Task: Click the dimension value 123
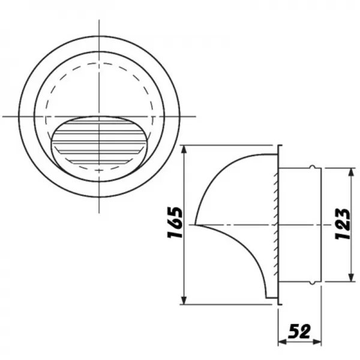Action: (x=343, y=224)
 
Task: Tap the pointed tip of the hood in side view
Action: (x=197, y=225)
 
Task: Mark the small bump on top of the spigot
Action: (x=311, y=167)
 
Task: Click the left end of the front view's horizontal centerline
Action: (x=4, y=115)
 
